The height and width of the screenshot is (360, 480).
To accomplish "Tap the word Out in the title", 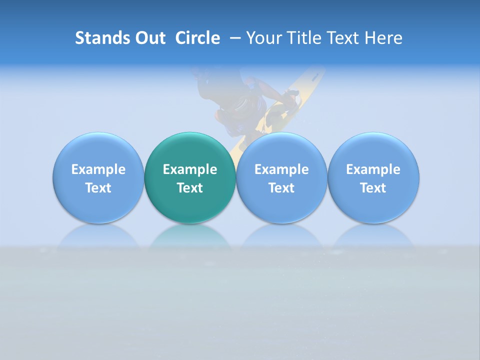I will point(149,38).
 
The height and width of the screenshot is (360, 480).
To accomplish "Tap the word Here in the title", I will point(384,38).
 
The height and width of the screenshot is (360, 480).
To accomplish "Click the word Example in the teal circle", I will point(190,169).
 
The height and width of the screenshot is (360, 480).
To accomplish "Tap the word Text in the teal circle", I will point(190,188).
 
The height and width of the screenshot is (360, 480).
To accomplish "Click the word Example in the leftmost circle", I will point(98,169).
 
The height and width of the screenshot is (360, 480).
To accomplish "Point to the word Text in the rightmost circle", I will point(373,188).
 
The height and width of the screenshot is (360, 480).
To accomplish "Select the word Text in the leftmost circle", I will point(98,188).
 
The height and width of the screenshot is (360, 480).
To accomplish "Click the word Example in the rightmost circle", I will point(373,169).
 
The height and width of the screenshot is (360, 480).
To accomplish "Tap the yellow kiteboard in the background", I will point(300,90).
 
